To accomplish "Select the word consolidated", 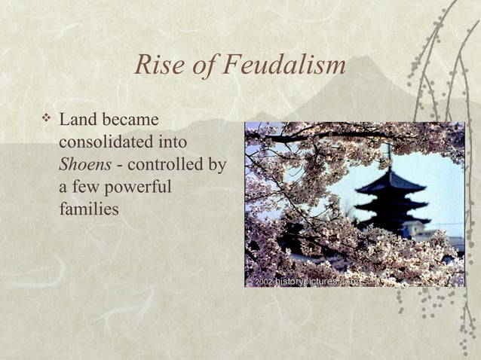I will tap(106, 142).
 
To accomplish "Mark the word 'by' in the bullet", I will tap(217, 164).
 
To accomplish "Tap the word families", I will tap(88, 209).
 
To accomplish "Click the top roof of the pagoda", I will tap(390, 182).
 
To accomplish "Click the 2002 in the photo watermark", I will tap(263, 282).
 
